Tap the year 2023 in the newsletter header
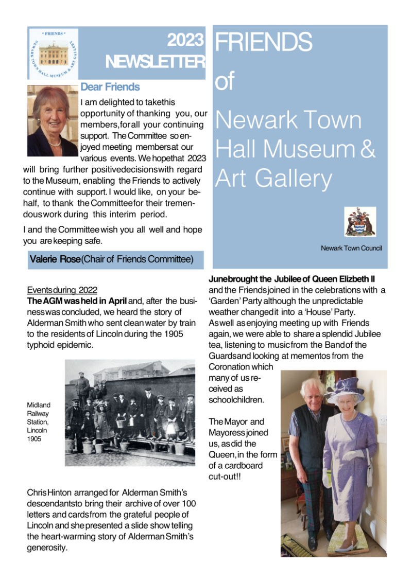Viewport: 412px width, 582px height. [x=186, y=40]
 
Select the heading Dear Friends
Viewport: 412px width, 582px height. [x=110, y=87]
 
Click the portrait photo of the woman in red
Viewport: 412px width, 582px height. [x=52, y=121]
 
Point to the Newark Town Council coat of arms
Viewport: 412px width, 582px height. [x=360, y=222]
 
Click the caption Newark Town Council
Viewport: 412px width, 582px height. [x=351, y=249]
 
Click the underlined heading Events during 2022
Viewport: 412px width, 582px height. [x=62, y=290]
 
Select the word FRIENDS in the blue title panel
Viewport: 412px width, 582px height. [x=264, y=43]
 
